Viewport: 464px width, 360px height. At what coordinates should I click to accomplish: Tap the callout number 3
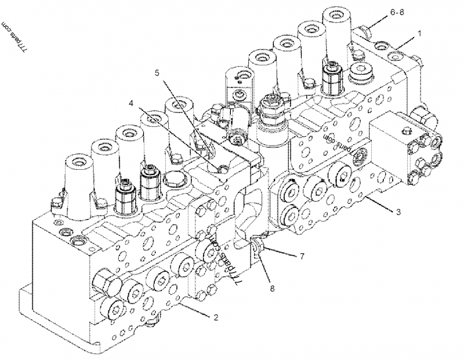398,212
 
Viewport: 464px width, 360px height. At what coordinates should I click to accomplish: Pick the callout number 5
157,72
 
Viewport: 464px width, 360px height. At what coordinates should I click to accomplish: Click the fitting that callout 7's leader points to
259,247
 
